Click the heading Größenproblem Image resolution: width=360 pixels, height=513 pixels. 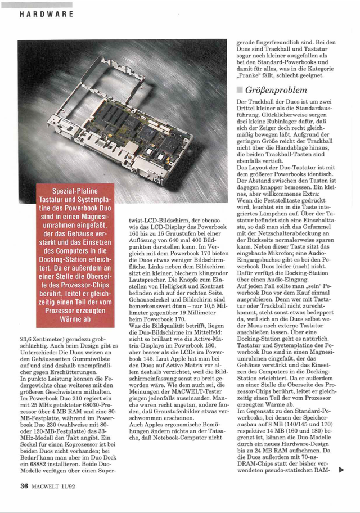click(276, 90)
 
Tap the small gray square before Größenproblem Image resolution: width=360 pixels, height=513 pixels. click(240, 90)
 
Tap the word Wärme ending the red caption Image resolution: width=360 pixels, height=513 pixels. click(75, 319)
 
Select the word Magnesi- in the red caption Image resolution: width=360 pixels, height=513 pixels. click(90, 216)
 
